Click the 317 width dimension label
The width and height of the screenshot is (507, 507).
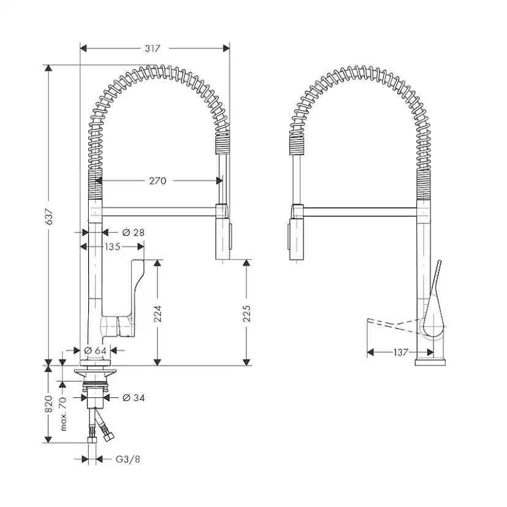[152, 48]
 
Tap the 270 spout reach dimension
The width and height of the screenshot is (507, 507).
[158, 181]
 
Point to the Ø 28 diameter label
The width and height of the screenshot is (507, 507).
[133, 233]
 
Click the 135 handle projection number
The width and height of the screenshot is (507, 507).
[113, 247]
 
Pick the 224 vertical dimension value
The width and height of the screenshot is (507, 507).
[157, 314]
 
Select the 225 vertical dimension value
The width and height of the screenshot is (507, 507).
[247, 314]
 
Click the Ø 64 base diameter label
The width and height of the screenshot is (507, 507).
[95, 350]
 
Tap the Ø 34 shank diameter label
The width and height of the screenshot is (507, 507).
[133, 398]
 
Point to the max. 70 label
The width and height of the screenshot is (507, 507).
[62, 414]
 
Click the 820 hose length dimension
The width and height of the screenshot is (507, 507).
[48, 404]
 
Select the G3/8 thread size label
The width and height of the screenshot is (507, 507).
[128, 459]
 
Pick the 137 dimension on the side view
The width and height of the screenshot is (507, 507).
[401, 352]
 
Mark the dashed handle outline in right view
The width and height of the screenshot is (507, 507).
[394, 325]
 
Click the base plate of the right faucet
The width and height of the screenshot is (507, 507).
[430, 362]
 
